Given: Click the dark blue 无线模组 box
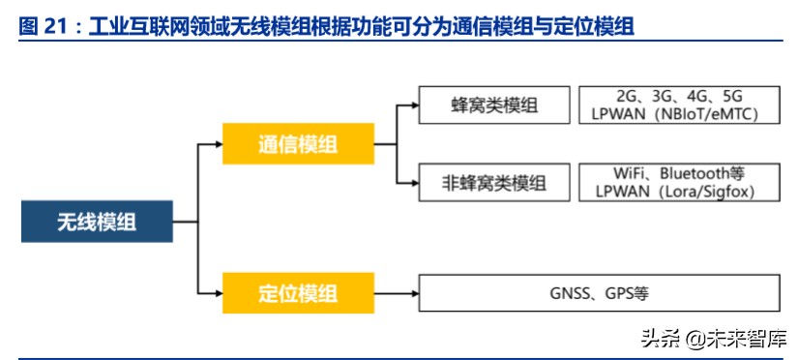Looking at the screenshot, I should pyautogui.click(x=97, y=223).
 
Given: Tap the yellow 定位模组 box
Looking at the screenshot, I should pyautogui.click(x=298, y=293).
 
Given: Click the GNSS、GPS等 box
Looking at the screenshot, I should pyautogui.click(x=600, y=293).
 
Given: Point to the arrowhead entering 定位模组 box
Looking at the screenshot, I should pyautogui.click(x=218, y=291).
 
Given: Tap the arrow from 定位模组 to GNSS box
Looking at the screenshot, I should pyautogui.click(x=397, y=292).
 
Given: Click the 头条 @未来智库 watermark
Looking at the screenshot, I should pyautogui.click(x=713, y=339).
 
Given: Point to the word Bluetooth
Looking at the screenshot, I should pyautogui.click(x=695, y=173).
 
